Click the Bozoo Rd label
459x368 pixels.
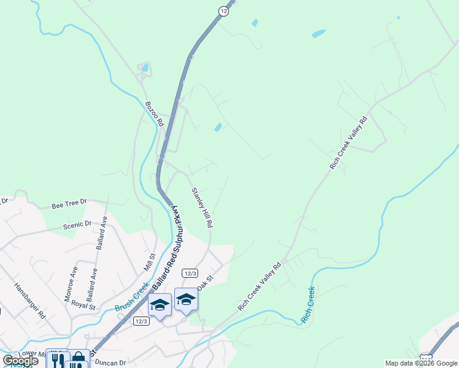[x=154, y=113]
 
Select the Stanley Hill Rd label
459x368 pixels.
[x=202, y=208]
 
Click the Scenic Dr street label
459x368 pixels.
[x=77, y=225]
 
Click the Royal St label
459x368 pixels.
[x=83, y=305]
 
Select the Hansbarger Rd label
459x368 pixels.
[x=30, y=299]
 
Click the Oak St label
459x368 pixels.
[x=204, y=282]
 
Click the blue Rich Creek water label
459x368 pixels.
[x=308, y=305]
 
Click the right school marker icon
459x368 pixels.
[x=186, y=299]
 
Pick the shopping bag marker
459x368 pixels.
[x=77, y=359]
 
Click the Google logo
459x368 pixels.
[x=20, y=361]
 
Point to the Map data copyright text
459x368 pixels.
[x=421, y=363]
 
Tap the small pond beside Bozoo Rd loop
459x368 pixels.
[x=144, y=68]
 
